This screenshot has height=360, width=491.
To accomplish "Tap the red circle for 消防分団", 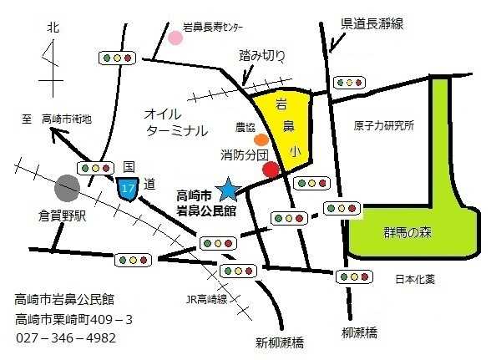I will [x=271, y=170].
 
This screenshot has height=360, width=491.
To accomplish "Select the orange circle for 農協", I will [x=261, y=140].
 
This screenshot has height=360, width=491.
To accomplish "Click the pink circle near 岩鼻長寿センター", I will [x=176, y=38].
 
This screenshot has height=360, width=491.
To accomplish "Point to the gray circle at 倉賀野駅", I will [x=68, y=186].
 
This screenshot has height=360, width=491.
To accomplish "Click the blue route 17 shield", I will [x=129, y=189].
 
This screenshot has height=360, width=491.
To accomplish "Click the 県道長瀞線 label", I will [x=372, y=24].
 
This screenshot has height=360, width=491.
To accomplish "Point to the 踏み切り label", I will [x=262, y=56].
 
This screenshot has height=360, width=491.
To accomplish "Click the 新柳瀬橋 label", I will [x=280, y=343].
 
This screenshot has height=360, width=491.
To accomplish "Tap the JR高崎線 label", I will [x=206, y=299].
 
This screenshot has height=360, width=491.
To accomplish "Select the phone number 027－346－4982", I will [x=67, y=338].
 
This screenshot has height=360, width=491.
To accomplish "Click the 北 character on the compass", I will [x=53, y=28].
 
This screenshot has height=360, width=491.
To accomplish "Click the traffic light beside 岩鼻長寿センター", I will [x=118, y=58].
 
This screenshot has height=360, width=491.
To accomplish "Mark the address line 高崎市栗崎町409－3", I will [x=74, y=319].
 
